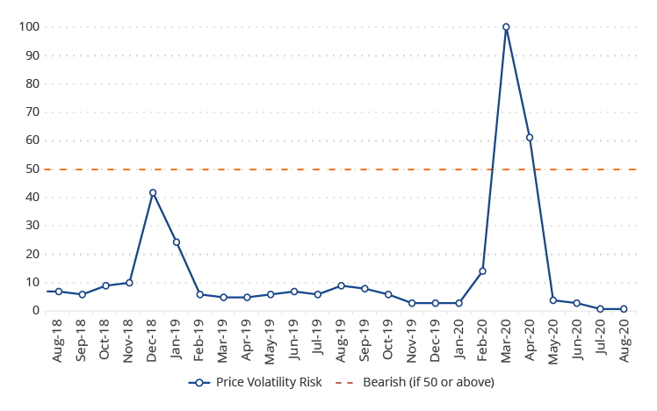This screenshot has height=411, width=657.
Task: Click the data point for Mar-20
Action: (506, 27)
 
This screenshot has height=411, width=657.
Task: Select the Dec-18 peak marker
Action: (153, 192)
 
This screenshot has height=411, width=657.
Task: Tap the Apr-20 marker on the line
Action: (530, 137)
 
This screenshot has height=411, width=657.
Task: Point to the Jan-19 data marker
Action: (177, 242)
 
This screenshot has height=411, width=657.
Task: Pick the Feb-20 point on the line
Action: (482, 271)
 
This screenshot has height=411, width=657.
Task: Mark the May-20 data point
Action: (553, 300)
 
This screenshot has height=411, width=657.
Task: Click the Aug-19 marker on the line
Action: (341, 285)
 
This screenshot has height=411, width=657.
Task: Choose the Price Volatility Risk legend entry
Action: (255, 382)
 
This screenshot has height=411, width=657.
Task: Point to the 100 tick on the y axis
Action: (29, 27)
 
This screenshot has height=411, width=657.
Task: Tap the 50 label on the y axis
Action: (32, 169)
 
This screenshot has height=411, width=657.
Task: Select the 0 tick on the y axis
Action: (36, 311)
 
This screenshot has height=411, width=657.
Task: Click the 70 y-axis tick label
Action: (32, 112)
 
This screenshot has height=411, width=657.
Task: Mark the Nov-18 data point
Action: (129, 283)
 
